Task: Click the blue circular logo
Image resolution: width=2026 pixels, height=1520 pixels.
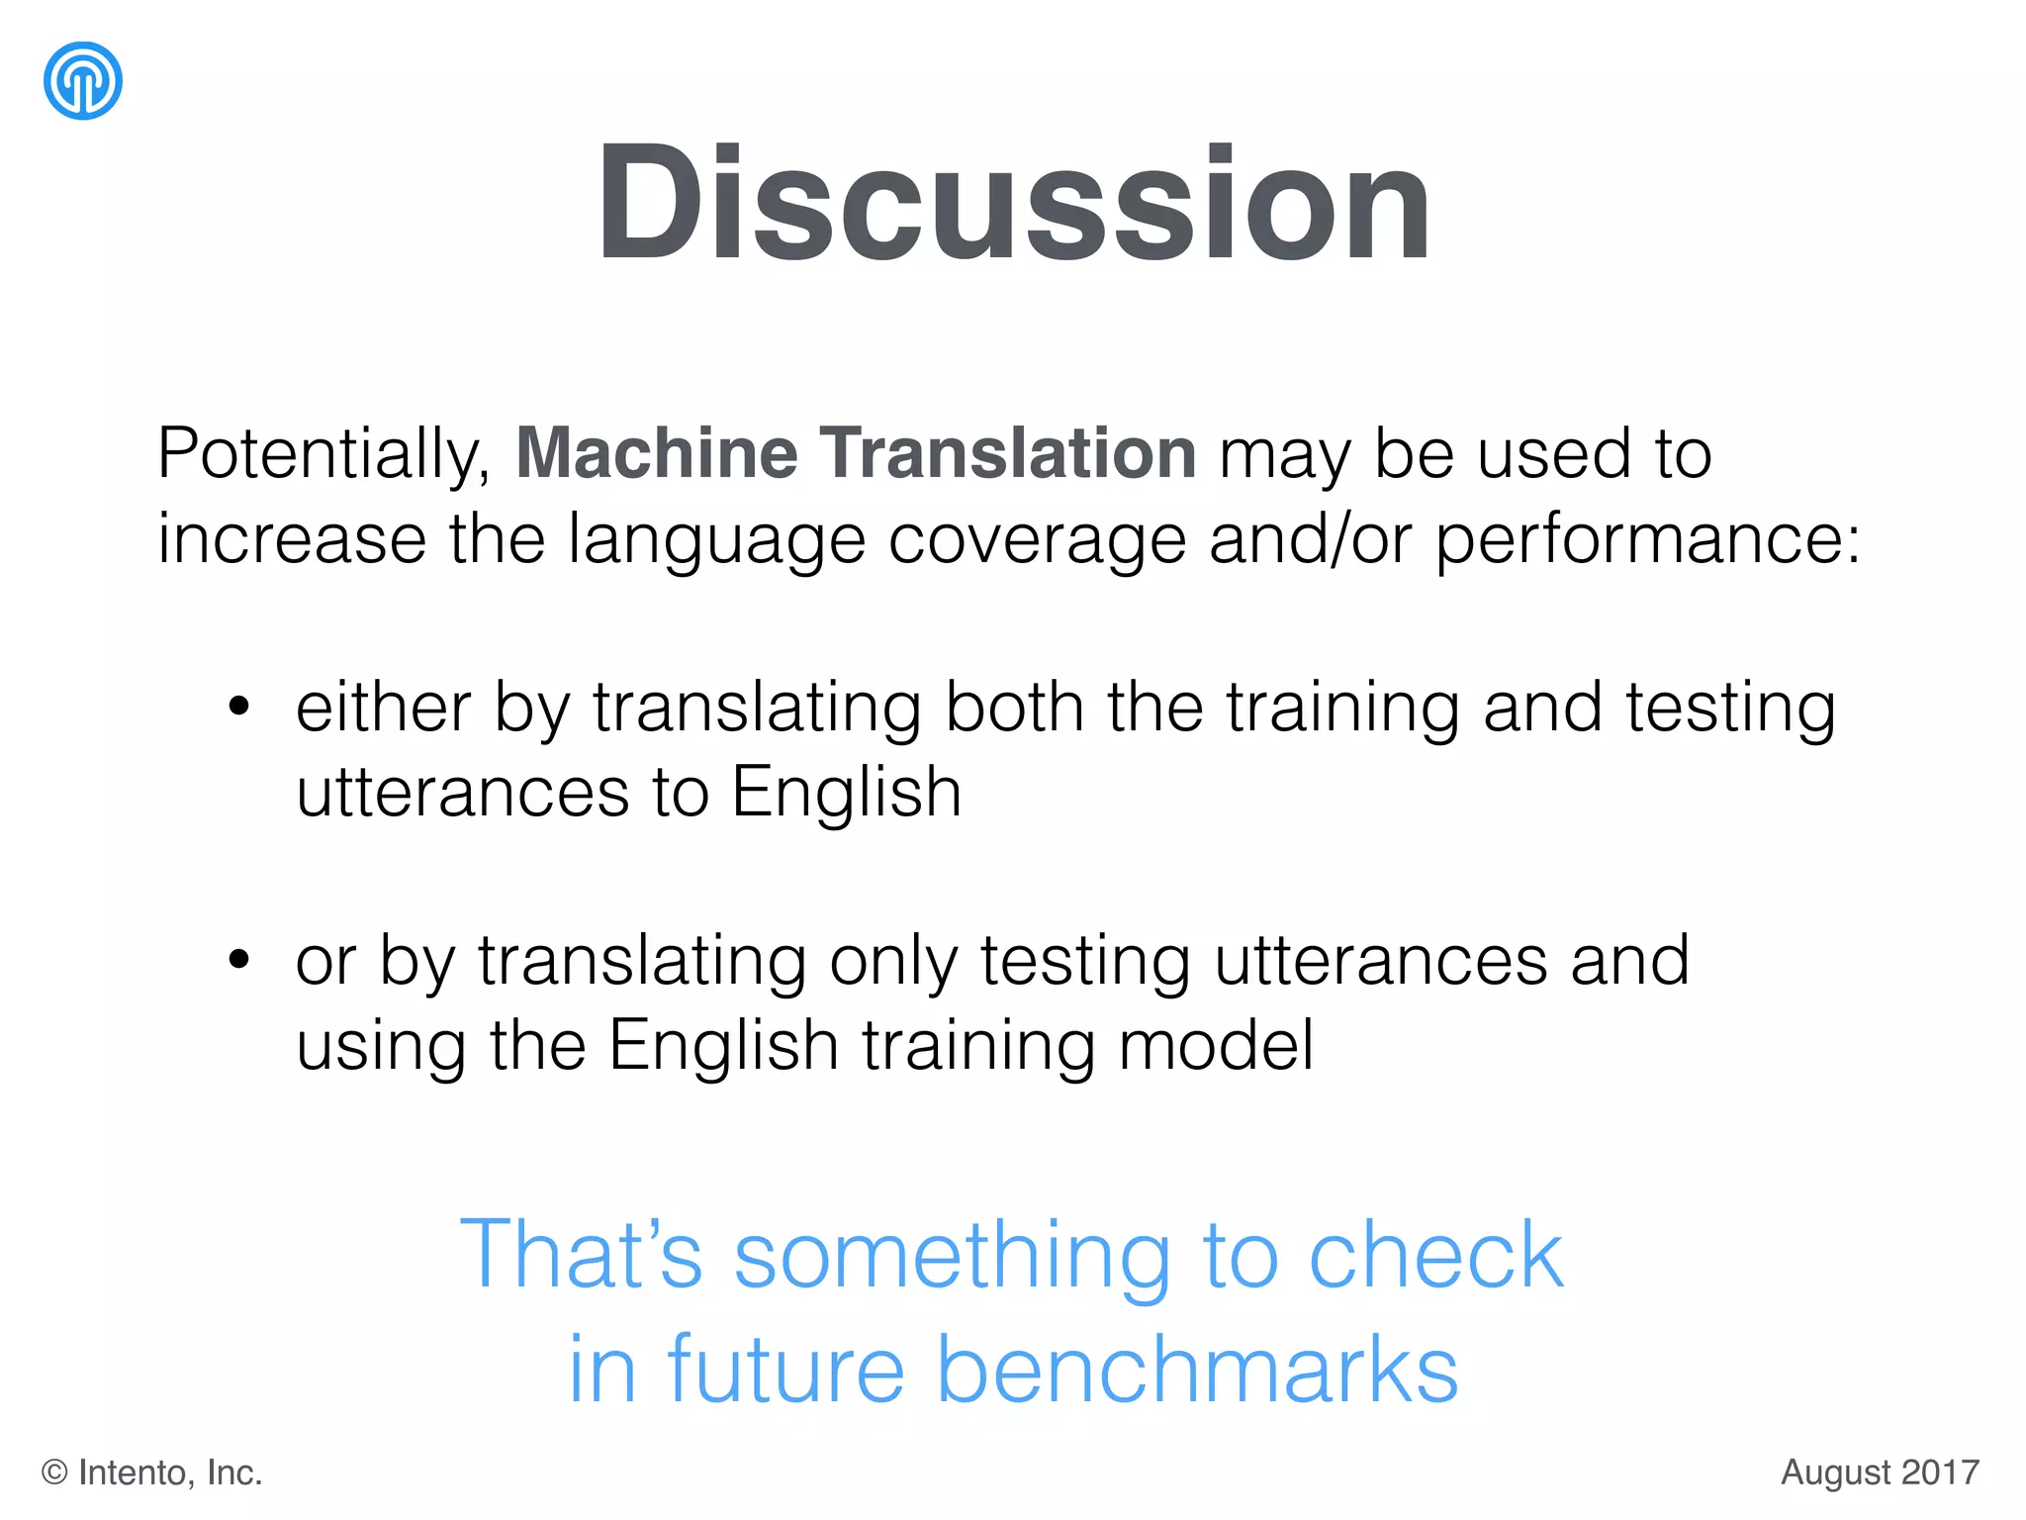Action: click(x=83, y=81)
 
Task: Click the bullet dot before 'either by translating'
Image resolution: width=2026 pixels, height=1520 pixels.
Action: click(x=238, y=707)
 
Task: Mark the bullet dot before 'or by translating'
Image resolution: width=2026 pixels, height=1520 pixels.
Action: click(x=238, y=959)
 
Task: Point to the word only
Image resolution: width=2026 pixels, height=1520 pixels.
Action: click(x=893, y=962)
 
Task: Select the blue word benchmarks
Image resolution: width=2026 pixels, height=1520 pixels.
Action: click(x=1197, y=1370)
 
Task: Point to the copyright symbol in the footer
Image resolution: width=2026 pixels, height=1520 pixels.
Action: click(x=54, y=1473)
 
